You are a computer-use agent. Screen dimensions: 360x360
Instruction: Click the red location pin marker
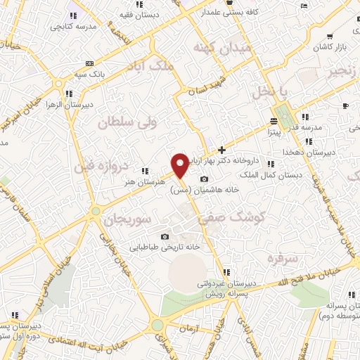180,165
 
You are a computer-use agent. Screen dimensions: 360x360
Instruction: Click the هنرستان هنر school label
132,180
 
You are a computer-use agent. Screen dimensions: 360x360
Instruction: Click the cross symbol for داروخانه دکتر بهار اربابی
221,149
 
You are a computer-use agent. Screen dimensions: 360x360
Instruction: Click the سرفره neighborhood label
279,258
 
